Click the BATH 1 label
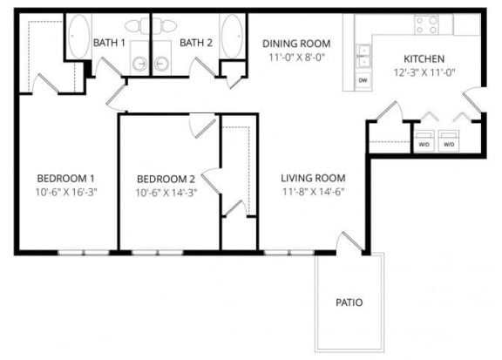coord(109,42)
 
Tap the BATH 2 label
coord(195,42)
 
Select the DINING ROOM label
coord(296,43)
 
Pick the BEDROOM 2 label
coord(164,179)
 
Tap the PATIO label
coord(349,303)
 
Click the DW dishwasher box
coord(362,80)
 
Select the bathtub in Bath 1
coord(78,36)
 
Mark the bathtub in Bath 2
coord(231,36)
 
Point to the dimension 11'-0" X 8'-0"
coord(296,58)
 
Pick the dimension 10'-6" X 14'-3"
coord(164,194)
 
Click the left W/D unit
coord(424,141)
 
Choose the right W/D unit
coord(449,141)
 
